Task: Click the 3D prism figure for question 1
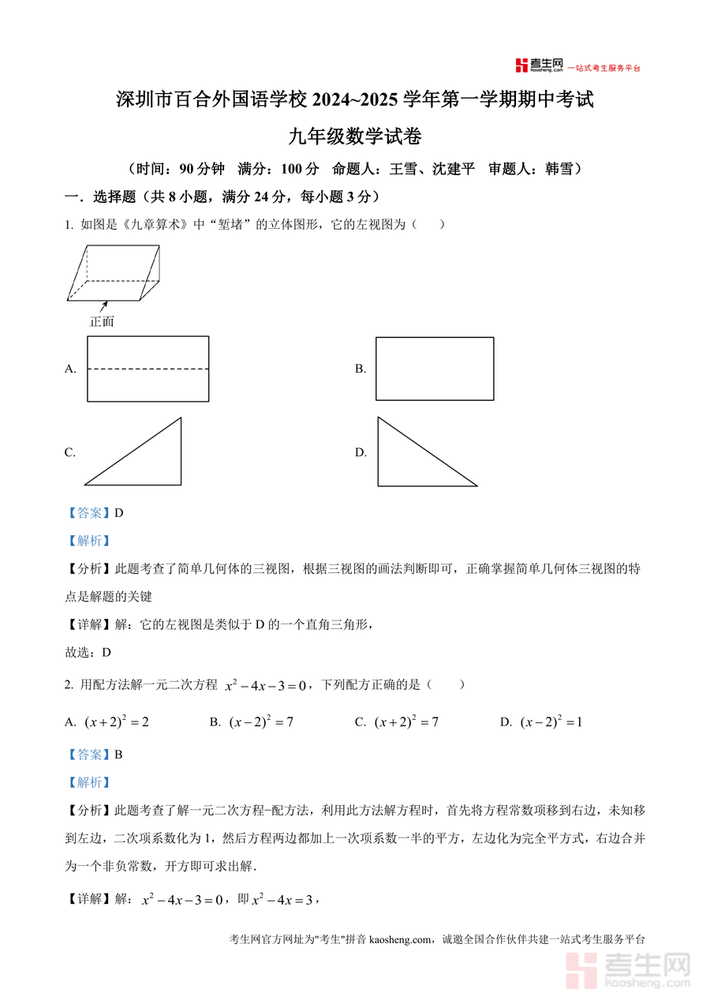(114, 273)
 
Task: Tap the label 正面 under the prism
(102, 321)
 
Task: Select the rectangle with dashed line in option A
(148, 369)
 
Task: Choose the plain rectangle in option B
(435, 369)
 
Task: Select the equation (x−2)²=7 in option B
(261, 721)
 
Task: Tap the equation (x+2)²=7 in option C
(406, 721)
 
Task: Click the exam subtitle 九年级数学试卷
(355, 137)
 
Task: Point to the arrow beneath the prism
(103, 305)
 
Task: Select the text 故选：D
(88, 652)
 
